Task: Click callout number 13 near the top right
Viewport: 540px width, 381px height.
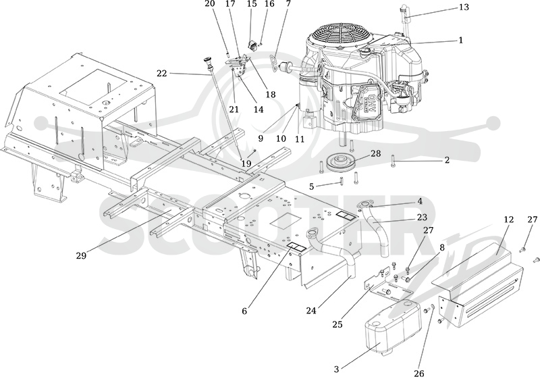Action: (464, 7)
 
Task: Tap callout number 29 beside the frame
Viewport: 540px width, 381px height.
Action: (81, 255)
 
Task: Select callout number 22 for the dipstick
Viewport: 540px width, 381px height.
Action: (162, 74)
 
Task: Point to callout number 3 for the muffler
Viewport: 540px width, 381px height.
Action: (336, 370)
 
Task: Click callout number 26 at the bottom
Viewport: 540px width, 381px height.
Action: (419, 374)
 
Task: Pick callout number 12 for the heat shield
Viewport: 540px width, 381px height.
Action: (509, 220)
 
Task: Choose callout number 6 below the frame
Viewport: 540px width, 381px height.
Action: (244, 311)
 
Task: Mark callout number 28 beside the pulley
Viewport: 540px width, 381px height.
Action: (376, 153)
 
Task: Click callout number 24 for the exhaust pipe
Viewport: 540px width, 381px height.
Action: (311, 311)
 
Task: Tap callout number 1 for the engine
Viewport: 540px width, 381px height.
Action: (461, 41)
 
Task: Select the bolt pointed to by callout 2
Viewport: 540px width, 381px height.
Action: (394, 161)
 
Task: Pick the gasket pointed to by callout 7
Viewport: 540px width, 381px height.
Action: (275, 62)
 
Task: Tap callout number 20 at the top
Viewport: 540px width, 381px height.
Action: (210, 4)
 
